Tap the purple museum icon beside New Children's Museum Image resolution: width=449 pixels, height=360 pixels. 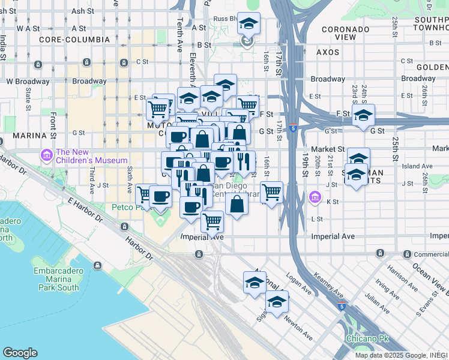tap(46, 156)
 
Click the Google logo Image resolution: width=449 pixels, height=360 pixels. tap(20, 353)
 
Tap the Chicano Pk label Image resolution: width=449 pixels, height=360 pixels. tap(367, 338)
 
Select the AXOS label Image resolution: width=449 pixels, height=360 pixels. tap(328, 52)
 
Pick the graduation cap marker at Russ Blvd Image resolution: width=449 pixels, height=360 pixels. tap(249, 25)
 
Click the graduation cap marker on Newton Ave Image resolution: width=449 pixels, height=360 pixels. tap(277, 302)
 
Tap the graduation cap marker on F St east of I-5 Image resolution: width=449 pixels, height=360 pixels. tap(363, 116)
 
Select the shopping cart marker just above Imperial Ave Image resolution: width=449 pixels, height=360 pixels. tap(212, 221)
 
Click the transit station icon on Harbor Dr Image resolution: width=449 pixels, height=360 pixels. tap(124, 227)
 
